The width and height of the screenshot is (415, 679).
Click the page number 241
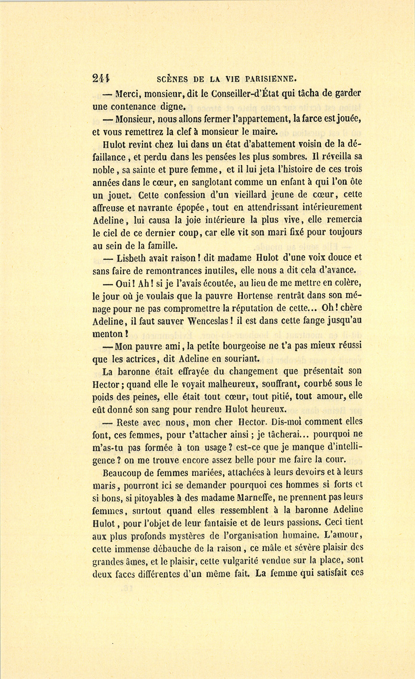[101, 78]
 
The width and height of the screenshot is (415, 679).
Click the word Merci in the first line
[127, 94]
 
